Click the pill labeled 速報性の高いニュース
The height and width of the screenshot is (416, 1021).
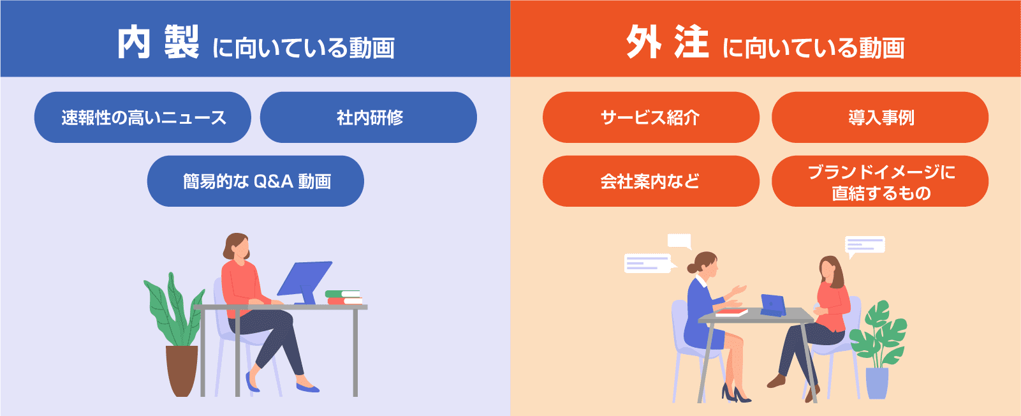(143, 117)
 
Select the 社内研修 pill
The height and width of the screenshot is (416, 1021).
(369, 117)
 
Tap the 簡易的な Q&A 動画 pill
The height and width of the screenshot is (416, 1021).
(255, 181)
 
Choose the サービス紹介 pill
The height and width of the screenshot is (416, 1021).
(651, 117)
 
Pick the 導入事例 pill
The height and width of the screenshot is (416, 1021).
(880, 117)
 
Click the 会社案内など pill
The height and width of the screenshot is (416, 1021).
(651, 181)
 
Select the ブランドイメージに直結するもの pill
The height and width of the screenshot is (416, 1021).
(880, 181)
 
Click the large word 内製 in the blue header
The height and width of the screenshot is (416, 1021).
(158, 42)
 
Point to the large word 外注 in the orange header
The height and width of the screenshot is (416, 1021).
(668, 42)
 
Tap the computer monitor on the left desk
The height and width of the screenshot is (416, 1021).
(304, 281)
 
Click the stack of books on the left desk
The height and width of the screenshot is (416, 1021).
(344, 297)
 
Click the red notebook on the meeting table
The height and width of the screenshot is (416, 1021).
(731, 313)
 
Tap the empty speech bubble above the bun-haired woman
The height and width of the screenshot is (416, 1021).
(680, 241)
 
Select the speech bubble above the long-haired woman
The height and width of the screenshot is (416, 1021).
(865, 246)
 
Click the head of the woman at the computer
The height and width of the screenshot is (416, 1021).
(237, 246)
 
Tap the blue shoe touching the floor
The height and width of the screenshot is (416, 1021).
(307, 388)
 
